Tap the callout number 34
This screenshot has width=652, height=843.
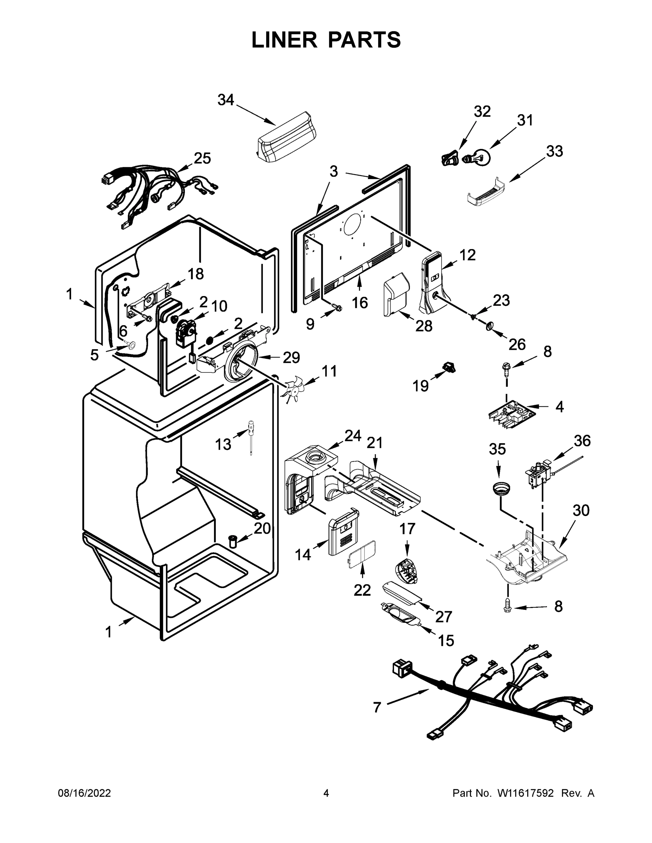[x=226, y=100]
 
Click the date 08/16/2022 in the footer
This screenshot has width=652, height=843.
[x=84, y=793]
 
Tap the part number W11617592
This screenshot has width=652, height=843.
[x=525, y=793]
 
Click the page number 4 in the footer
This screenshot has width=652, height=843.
[x=326, y=793]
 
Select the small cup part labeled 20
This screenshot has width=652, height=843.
[x=233, y=541]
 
